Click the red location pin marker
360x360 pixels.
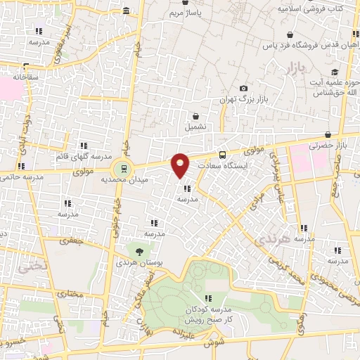point(181,165)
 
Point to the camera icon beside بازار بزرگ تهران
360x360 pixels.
point(243,88)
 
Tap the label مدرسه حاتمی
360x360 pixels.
point(24,177)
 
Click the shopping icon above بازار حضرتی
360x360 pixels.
point(328,135)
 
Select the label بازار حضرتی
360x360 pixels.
point(328,146)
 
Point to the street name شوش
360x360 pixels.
point(209,344)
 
